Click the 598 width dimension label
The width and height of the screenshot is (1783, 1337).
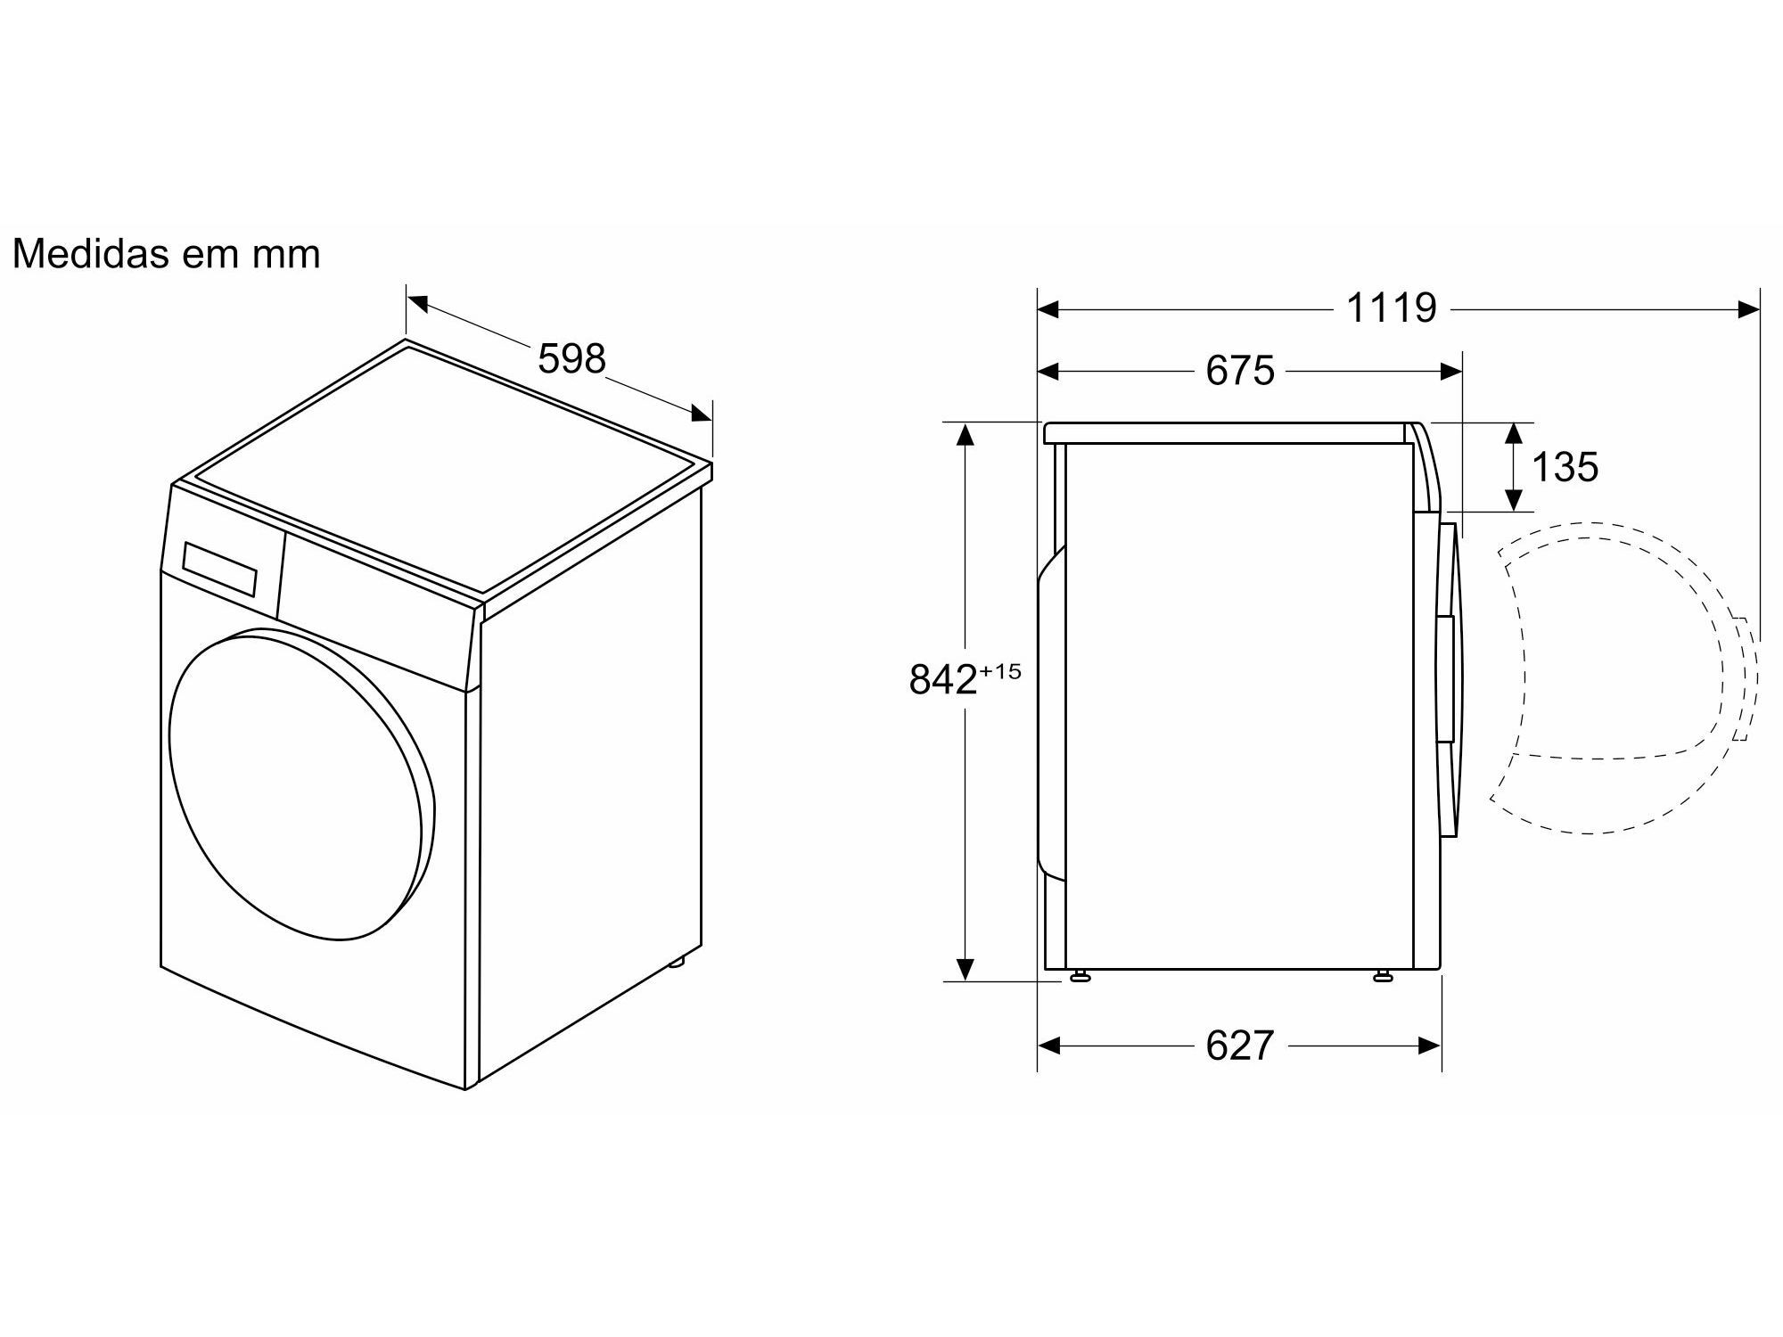coord(571,358)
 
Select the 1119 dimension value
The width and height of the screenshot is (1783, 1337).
coord(1391,308)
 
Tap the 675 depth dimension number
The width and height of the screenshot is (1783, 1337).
coord(1240,371)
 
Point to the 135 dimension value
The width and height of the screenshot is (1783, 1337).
coord(1565,467)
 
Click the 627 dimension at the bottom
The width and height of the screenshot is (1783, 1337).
coord(1240,1046)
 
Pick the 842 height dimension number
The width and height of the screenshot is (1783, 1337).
coord(943,680)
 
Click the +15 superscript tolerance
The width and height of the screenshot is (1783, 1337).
coord(1000,670)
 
